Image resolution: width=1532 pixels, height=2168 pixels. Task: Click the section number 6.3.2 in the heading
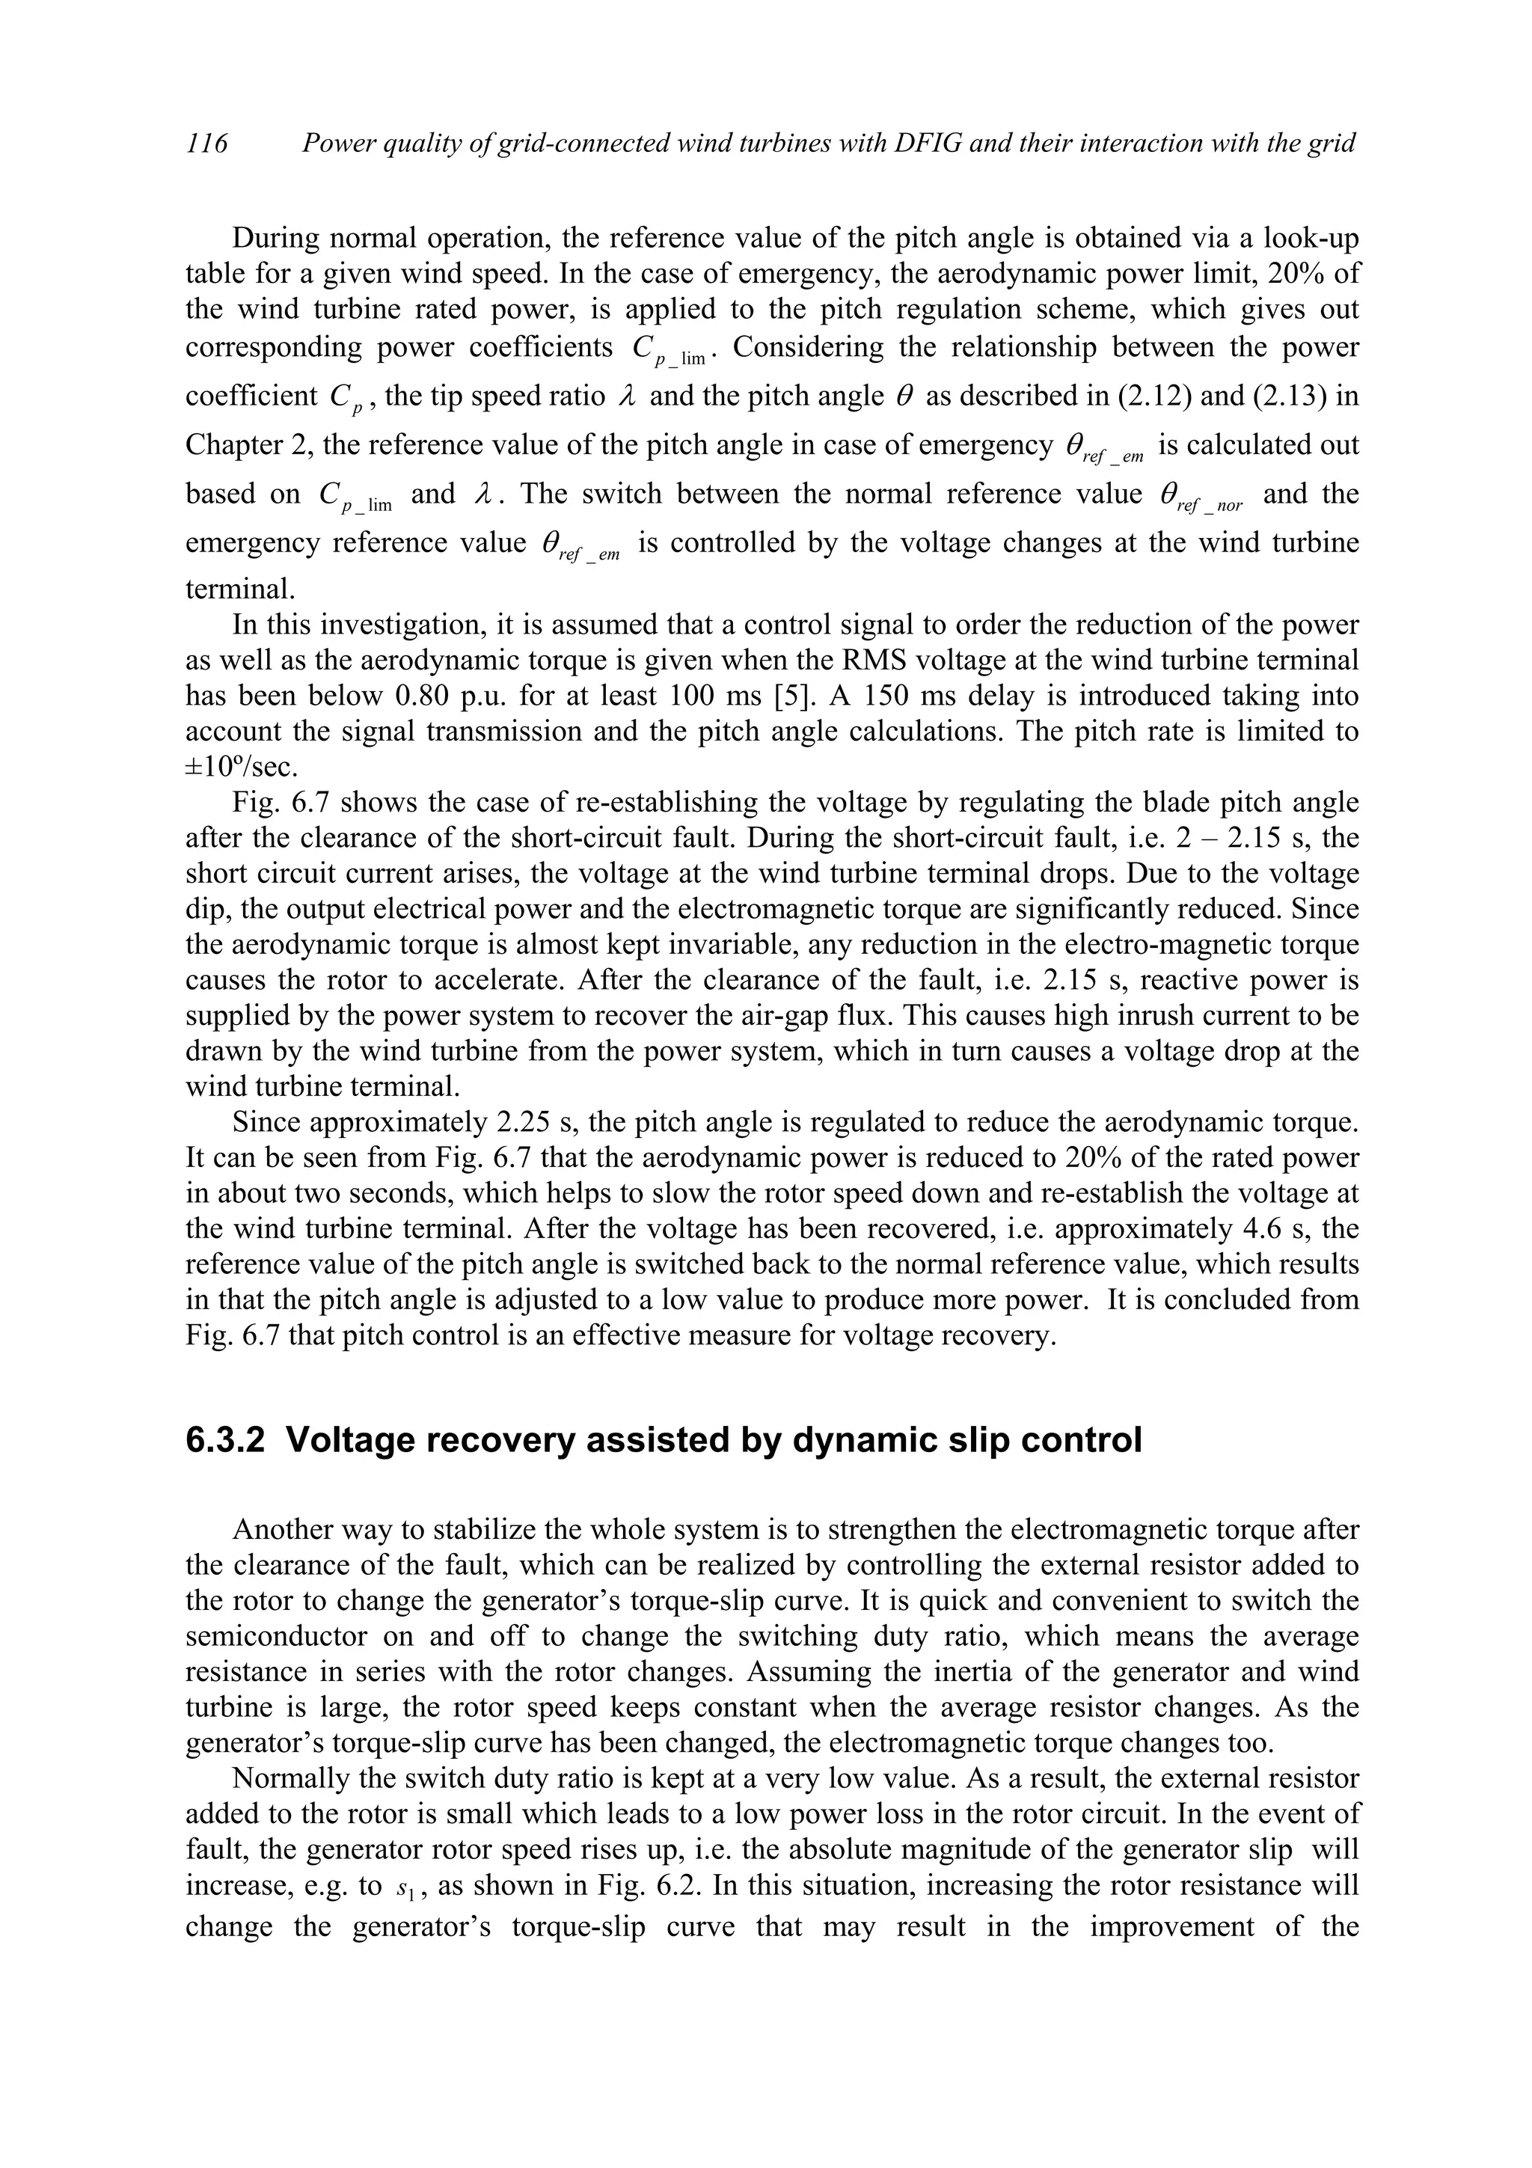point(226,1440)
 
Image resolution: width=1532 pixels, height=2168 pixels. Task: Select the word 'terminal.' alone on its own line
point(241,590)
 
